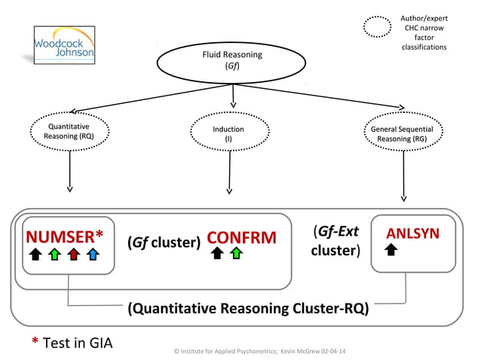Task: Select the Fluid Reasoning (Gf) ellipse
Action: click(x=232, y=60)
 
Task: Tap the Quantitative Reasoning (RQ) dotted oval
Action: click(x=70, y=133)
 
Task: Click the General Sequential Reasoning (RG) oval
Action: click(x=401, y=134)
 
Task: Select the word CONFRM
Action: click(x=241, y=238)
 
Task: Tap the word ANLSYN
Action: click(x=412, y=233)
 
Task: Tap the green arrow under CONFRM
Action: click(x=237, y=255)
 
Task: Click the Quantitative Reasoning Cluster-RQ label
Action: click(x=248, y=308)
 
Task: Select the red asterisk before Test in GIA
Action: click(x=35, y=342)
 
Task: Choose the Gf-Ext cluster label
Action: click(x=335, y=240)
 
